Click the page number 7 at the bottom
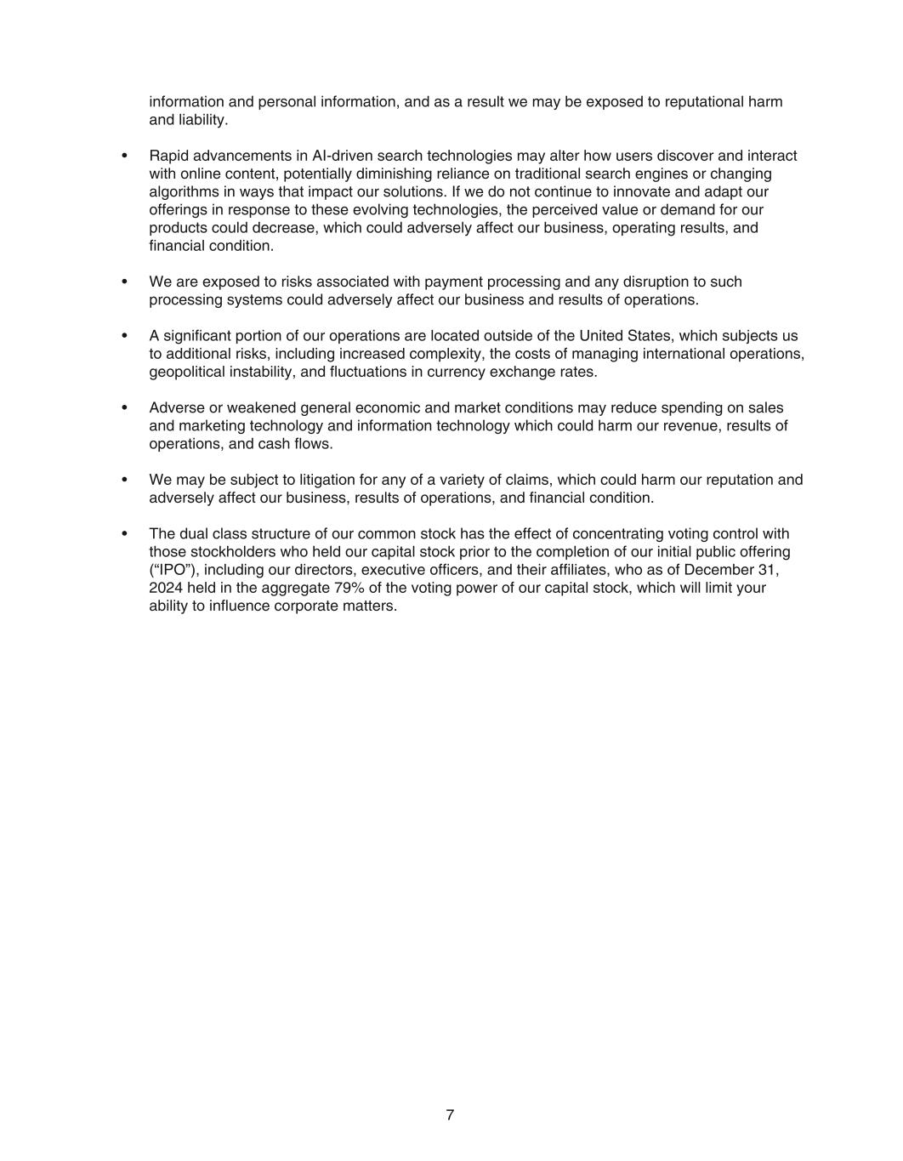[450, 1115]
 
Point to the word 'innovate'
[650, 192]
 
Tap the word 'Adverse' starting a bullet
[177, 407]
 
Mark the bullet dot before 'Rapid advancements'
[125, 156]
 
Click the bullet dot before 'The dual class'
[125, 534]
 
